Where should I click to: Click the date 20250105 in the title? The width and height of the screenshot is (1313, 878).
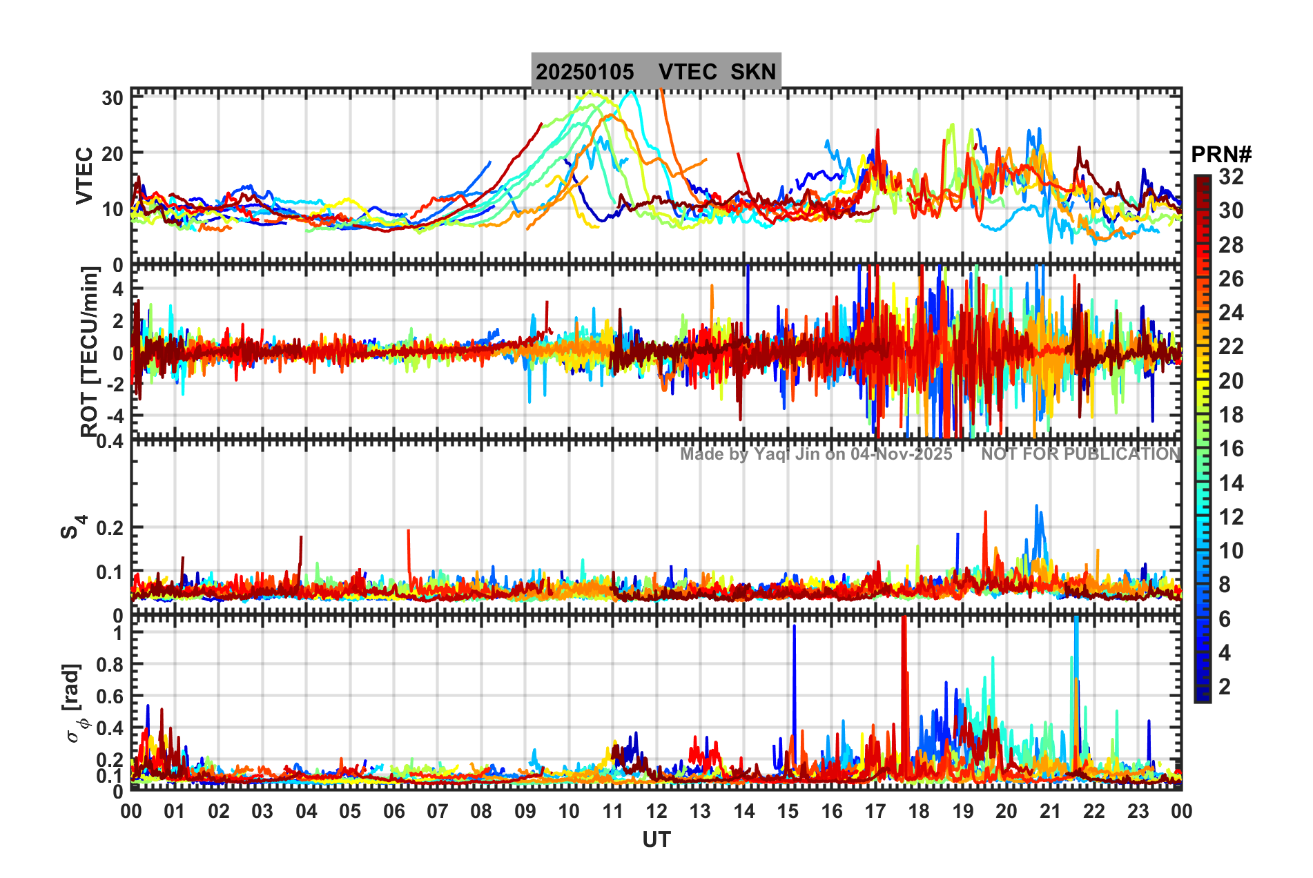point(585,72)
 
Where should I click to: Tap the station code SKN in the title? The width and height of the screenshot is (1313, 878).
point(753,72)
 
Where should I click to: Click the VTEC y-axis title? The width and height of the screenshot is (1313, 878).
point(84,175)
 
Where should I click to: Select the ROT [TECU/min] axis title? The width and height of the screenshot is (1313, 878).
point(89,352)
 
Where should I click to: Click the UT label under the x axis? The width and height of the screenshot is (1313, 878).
point(656,839)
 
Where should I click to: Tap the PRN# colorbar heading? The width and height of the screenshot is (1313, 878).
point(1221,155)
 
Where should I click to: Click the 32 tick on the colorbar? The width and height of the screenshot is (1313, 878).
point(1231,177)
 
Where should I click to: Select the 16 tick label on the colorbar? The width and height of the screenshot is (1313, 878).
point(1231,449)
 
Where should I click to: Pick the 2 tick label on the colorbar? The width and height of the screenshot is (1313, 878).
point(1225,686)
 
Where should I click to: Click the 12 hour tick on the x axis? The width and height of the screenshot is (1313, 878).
point(656,811)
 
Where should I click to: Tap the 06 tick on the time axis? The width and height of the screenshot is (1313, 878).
point(393,811)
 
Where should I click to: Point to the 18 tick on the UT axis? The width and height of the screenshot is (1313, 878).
point(919,811)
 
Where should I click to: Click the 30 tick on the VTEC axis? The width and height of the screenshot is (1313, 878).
point(113,98)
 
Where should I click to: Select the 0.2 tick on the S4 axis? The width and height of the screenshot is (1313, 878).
point(109,528)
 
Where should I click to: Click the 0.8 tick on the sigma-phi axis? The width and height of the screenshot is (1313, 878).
point(109,664)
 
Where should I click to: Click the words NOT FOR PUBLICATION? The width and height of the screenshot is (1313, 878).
point(1081,454)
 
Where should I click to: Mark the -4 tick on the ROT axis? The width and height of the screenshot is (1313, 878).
point(116,416)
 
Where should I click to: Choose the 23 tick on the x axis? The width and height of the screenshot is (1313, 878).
point(1138,811)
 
